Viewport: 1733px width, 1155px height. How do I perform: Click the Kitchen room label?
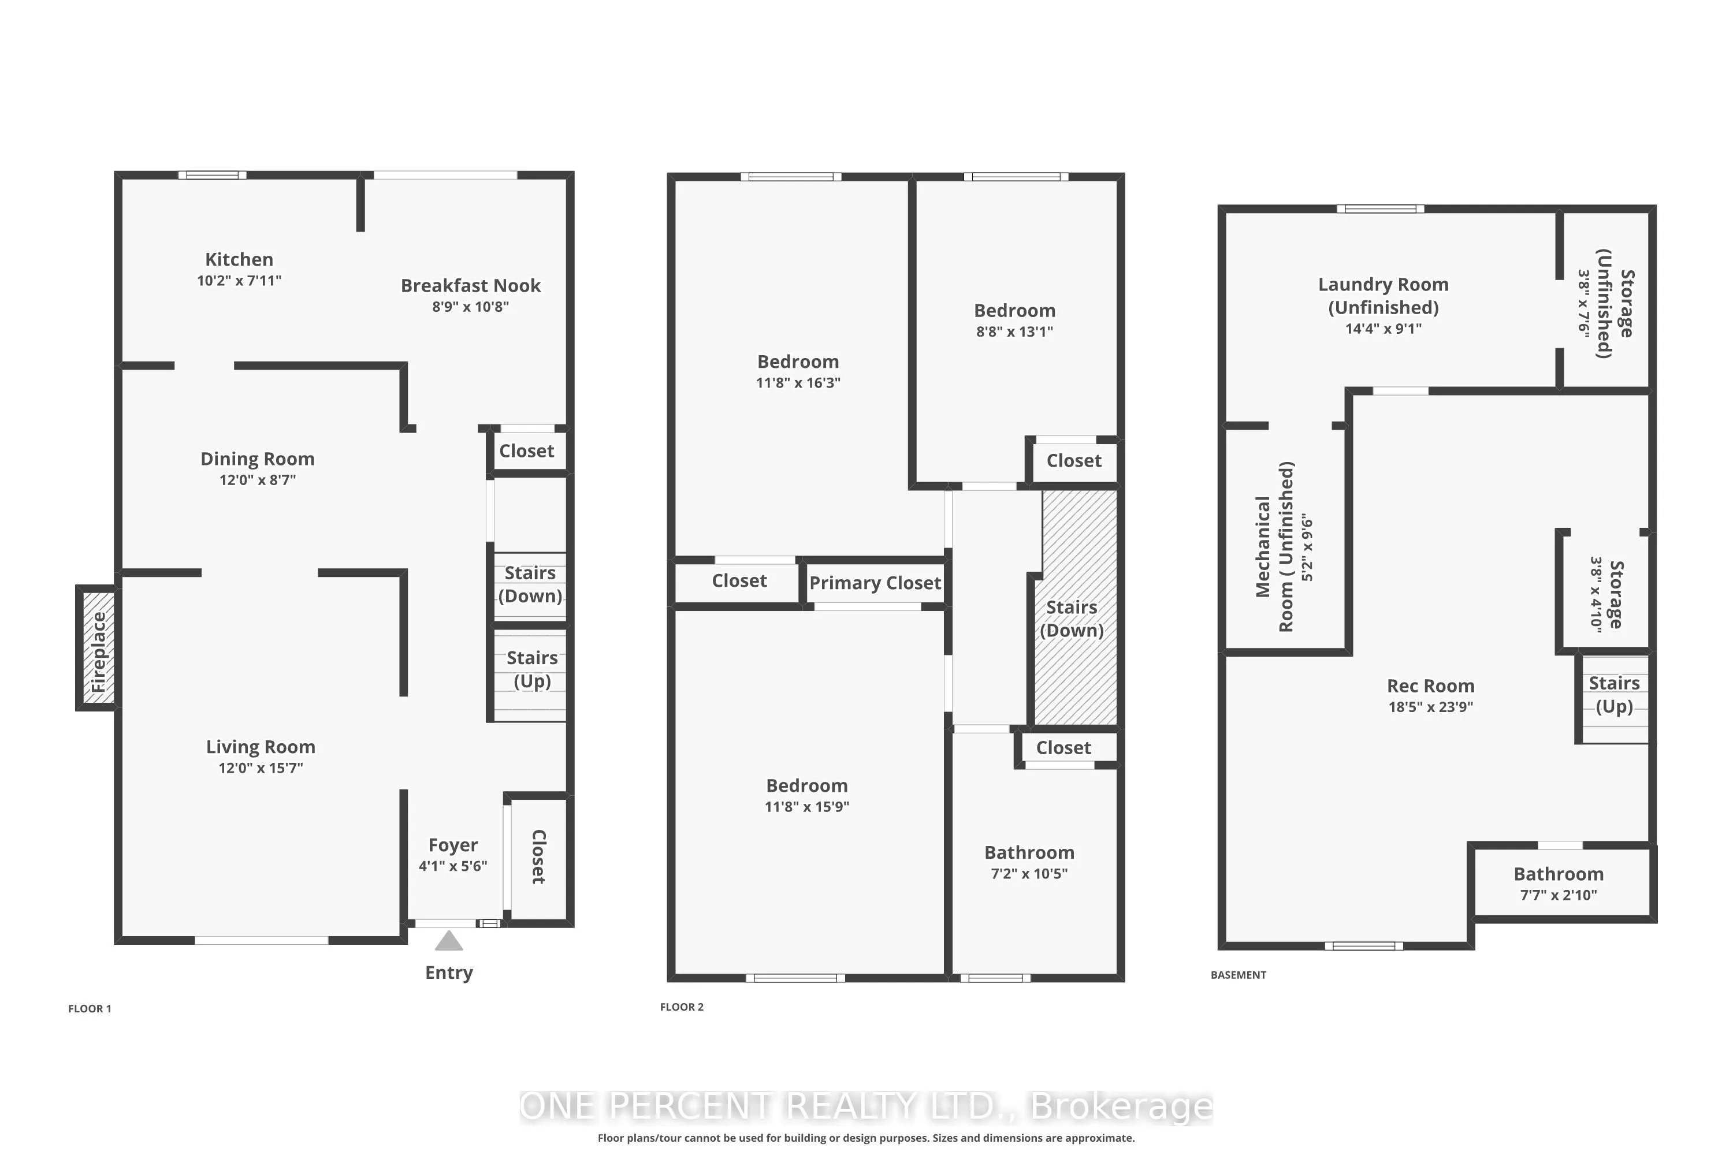(x=239, y=259)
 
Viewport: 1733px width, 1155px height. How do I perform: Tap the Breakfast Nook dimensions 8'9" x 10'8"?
(x=470, y=307)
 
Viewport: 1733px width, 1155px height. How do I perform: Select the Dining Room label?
(x=257, y=459)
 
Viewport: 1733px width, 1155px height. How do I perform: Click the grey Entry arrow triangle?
(x=449, y=941)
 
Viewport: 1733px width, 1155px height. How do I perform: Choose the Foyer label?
(x=453, y=845)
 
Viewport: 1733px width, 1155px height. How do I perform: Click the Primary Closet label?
(x=875, y=583)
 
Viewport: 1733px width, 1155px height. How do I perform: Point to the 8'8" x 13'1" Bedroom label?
(x=1014, y=311)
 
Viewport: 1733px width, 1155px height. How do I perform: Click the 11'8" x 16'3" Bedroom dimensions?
(x=798, y=382)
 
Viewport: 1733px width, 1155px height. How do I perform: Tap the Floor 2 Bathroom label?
(x=1029, y=852)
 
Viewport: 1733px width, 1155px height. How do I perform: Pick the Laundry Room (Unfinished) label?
(x=1383, y=295)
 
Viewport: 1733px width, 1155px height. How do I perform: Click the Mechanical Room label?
(x=1274, y=546)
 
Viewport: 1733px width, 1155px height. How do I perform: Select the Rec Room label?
(x=1430, y=686)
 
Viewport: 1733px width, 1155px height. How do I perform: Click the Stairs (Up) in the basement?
(x=1613, y=695)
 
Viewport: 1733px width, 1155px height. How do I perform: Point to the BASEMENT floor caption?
(x=1238, y=975)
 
